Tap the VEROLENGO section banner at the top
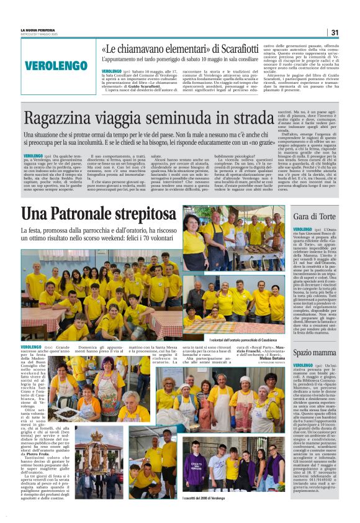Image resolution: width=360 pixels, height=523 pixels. [x=56, y=65]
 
